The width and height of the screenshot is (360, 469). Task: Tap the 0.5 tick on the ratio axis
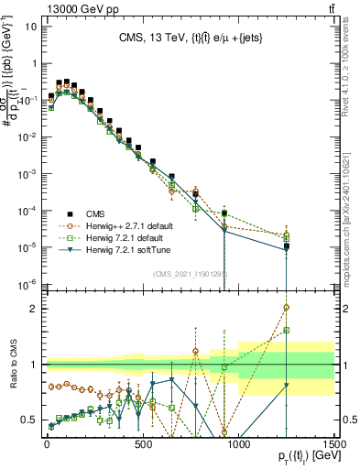29,420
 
